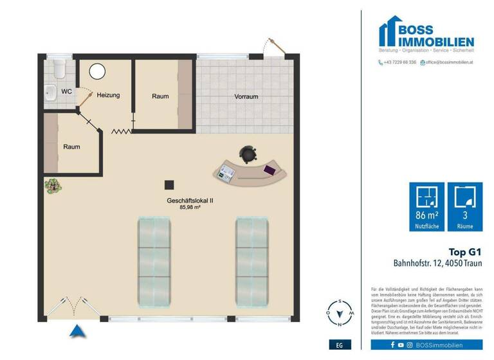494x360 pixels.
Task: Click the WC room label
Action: [66, 91]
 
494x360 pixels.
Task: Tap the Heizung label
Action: [108, 96]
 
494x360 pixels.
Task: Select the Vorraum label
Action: [246, 97]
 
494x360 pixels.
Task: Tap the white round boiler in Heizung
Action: [97, 72]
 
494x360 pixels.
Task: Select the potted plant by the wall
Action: [52, 185]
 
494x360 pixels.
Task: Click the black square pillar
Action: [169, 184]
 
